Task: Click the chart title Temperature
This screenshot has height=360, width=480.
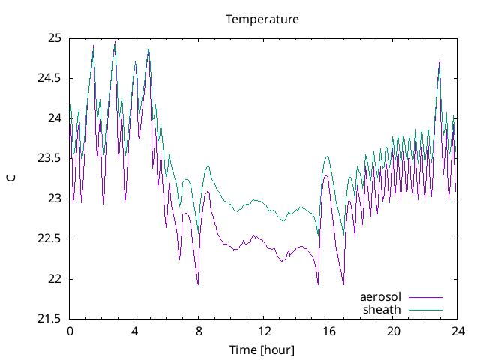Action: tap(262, 19)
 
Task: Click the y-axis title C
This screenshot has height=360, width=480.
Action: tap(11, 178)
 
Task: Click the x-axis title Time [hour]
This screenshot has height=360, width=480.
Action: tap(262, 349)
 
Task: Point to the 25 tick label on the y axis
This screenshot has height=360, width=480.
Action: tap(55, 37)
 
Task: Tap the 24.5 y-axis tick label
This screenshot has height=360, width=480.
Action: tap(50, 78)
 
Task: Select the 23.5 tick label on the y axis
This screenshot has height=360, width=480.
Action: tap(50, 158)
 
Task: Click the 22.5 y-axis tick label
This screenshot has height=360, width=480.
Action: tap(50, 238)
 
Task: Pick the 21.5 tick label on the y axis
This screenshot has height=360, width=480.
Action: tap(50, 319)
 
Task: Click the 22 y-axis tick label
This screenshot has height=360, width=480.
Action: tap(55, 279)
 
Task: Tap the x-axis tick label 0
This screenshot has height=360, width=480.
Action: tap(70, 331)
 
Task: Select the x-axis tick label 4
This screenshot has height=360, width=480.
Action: tap(134, 331)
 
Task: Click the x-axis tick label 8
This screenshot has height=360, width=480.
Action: tap(199, 331)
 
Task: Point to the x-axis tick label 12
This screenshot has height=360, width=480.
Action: tap(263, 331)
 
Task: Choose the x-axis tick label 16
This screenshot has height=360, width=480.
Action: tap(328, 331)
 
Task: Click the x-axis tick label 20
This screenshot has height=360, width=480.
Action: tap(393, 331)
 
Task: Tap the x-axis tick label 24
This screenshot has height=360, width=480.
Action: tap(457, 331)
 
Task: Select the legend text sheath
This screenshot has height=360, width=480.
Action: tap(382, 309)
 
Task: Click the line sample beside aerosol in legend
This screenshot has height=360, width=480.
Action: tap(424, 297)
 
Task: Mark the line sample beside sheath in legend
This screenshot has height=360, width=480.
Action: tap(424, 309)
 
